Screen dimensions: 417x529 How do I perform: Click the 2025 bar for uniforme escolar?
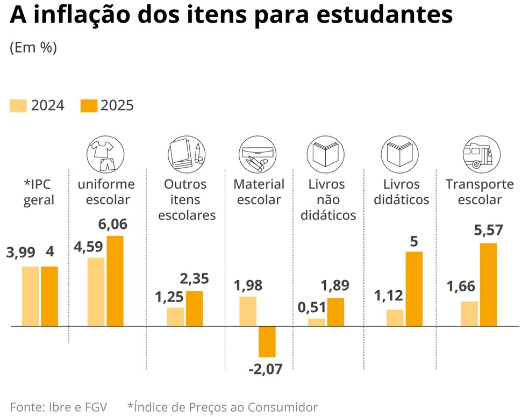(115, 281)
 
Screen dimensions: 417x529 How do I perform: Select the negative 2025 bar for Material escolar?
(267, 342)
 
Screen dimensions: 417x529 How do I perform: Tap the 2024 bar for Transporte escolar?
(469, 314)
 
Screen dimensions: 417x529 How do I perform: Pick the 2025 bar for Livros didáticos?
(414, 289)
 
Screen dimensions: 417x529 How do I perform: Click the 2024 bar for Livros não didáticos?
(317, 322)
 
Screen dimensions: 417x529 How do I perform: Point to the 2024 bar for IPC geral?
(30, 296)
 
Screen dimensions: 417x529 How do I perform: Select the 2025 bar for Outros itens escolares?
(195, 308)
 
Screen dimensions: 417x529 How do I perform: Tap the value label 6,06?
(113, 224)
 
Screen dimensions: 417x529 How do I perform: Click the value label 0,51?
(312, 307)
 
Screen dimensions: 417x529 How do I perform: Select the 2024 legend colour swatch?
(18, 106)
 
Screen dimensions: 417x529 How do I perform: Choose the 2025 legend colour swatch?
(89, 106)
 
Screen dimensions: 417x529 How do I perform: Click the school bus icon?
(477, 154)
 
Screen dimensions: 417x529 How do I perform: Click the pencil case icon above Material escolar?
(259, 153)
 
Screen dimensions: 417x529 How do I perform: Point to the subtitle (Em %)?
(33, 48)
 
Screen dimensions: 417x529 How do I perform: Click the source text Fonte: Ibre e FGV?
(59, 407)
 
